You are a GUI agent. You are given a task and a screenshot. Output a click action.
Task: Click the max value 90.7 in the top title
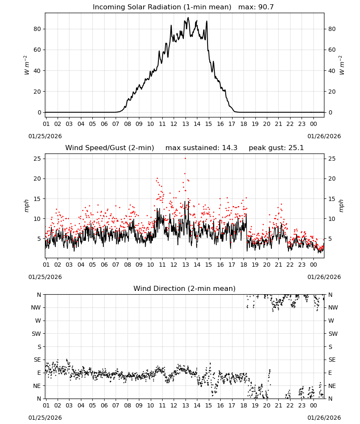click(x=266, y=7)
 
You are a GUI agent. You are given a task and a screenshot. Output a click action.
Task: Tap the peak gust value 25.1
click(x=296, y=148)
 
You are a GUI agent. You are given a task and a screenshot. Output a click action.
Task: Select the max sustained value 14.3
click(x=230, y=148)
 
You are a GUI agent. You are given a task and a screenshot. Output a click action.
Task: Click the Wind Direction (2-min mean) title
click(x=185, y=288)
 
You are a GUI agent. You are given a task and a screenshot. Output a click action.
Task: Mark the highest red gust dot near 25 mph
click(x=185, y=159)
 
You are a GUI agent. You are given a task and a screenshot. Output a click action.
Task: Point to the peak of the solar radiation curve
click(x=188, y=17)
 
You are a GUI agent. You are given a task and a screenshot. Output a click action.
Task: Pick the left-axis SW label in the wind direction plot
click(x=36, y=334)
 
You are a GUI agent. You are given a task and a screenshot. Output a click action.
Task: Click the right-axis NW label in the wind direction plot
click(x=333, y=308)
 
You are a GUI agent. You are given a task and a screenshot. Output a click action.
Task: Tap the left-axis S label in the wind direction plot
click(x=39, y=347)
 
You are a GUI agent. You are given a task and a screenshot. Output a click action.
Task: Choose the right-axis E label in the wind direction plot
click(x=330, y=373)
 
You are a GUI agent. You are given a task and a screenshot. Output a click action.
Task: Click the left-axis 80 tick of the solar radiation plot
click(x=37, y=29)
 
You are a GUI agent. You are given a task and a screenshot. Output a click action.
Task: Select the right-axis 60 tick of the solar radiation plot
click(x=332, y=50)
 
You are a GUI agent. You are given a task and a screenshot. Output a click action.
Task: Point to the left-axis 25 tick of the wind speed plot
click(x=37, y=159)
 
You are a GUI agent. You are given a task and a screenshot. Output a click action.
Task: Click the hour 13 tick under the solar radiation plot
click(x=186, y=124)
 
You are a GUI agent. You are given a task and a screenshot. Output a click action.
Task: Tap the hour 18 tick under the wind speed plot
click(x=244, y=265)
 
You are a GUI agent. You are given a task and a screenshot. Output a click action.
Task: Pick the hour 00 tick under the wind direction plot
click(x=313, y=405)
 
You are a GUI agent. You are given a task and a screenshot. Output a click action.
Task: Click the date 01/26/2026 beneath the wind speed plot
click(x=324, y=277)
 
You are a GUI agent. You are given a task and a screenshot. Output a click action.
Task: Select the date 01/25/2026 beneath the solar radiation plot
click(x=45, y=136)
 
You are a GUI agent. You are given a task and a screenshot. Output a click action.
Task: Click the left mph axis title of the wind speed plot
click(x=26, y=206)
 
